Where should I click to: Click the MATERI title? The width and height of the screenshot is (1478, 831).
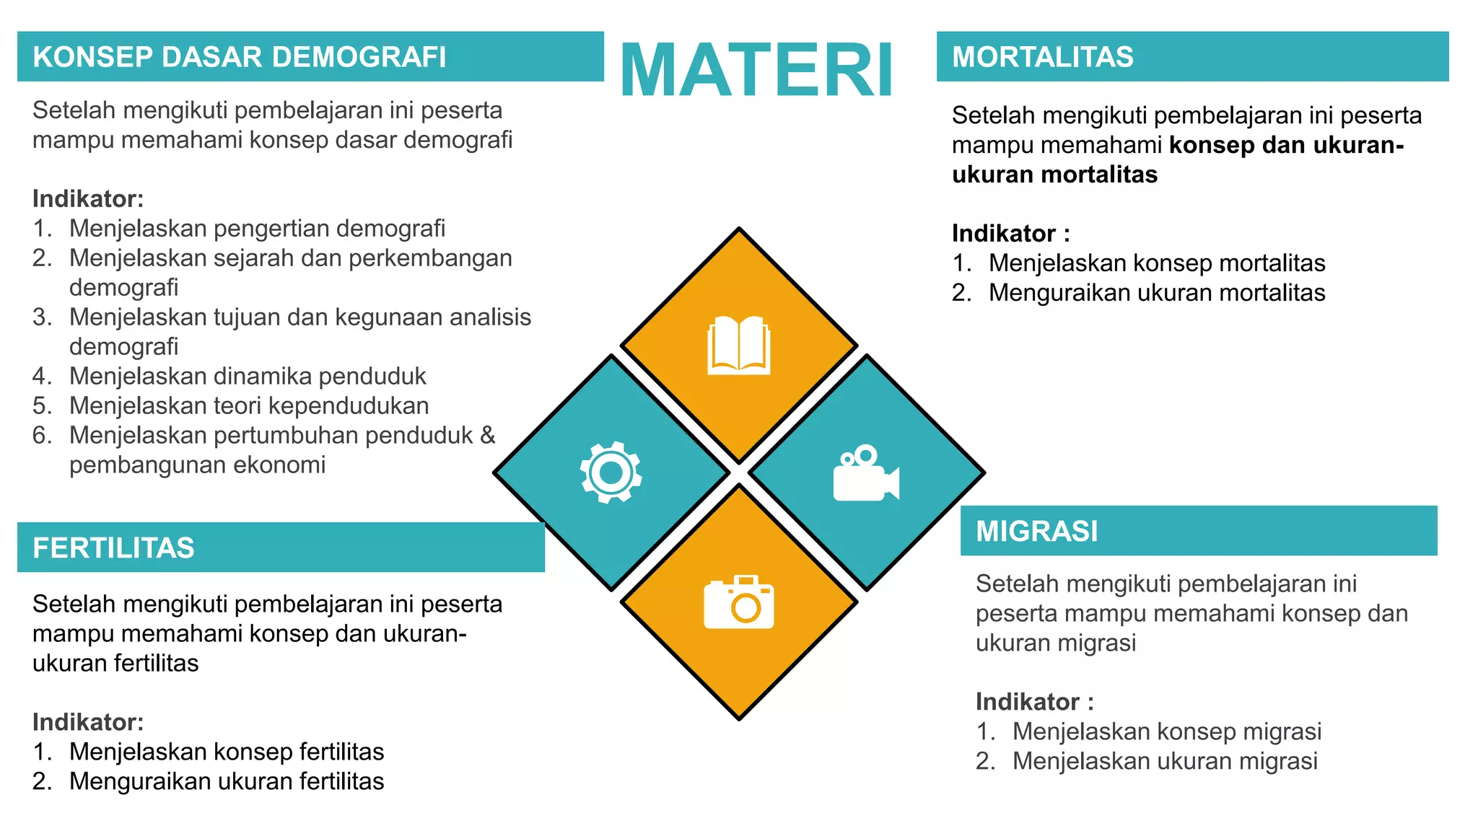pyautogui.click(x=756, y=70)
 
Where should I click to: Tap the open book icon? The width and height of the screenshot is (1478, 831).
pyautogui.click(x=739, y=346)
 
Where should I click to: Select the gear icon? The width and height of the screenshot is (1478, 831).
pyautogui.click(x=611, y=472)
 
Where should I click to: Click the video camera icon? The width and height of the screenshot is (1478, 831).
pyautogui.click(x=865, y=473)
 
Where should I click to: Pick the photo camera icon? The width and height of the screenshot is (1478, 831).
pyautogui.click(x=739, y=602)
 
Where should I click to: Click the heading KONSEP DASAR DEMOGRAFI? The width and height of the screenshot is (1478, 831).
pyautogui.click(x=240, y=57)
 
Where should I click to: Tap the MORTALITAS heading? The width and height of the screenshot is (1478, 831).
pyautogui.click(x=1042, y=57)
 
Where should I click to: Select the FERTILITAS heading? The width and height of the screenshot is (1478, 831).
pyautogui.click(x=113, y=548)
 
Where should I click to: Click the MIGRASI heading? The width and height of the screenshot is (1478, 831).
pyautogui.click(x=1036, y=531)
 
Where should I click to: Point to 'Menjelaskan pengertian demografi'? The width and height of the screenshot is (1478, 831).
pyautogui.click(x=257, y=229)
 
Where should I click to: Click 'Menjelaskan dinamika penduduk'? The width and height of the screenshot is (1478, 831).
pyautogui.click(x=248, y=377)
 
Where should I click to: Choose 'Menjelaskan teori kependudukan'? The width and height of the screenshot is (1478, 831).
pyautogui.click(x=249, y=406)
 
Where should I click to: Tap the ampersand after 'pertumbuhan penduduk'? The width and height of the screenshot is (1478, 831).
pyautogui.click(x=488, y=435)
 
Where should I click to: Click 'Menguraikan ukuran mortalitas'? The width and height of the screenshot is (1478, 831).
pyautogui.click(x=1156, y=293)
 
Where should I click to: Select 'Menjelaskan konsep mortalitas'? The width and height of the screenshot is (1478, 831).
pyautogui.click(x=1156, y=263)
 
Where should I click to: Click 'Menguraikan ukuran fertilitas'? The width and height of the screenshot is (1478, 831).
pyautogui.click(x=227, y=781)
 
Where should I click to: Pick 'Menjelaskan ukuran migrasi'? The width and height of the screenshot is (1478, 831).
pyautogui.click(x=1165, y=761)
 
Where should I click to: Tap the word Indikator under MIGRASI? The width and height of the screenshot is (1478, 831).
pyautogui.click(x=1027, y=702)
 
